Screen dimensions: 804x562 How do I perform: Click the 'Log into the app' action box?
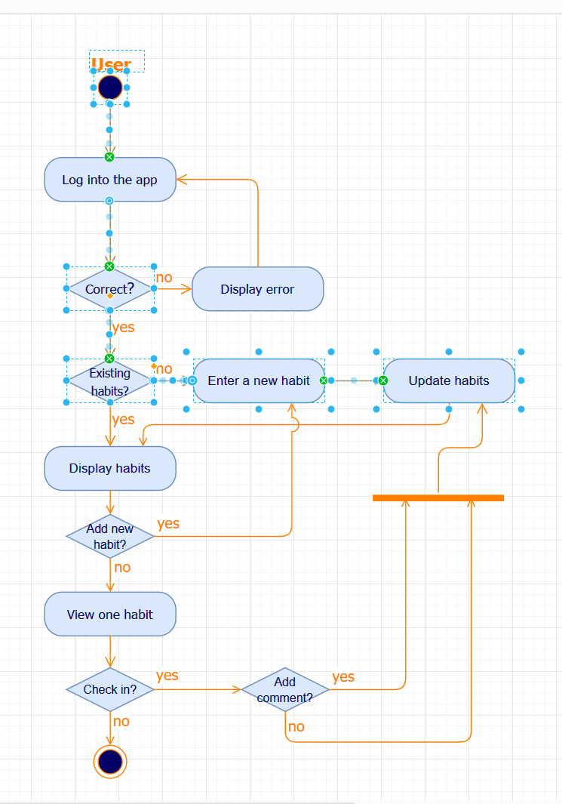(110, 180)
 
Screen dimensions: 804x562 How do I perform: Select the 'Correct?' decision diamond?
(110, 289)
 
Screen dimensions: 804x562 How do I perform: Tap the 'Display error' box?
(257, 289)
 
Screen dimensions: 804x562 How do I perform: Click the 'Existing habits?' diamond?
(110, 381)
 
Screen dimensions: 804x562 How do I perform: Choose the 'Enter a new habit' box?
(259, 381)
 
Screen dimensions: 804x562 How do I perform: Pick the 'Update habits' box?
(449, 381)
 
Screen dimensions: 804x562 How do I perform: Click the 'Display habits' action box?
(110, 468)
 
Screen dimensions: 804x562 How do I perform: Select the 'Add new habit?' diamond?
(110, 537)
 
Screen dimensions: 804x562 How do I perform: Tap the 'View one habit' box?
(110, 615)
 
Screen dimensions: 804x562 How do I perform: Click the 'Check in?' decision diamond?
(110, 689)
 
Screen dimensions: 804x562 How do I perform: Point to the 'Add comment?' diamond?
(285, 689)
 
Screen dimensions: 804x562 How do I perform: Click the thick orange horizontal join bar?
(438, 497)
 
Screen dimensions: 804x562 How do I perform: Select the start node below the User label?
(110, 87)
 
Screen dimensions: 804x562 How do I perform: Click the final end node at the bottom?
(110, 761)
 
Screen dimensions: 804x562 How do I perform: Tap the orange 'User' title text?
(111, 65)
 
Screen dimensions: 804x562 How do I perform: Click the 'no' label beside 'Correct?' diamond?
(164, 278)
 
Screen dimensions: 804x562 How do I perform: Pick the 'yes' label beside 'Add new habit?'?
(168, 523)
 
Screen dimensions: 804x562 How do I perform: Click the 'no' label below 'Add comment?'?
(296, 726)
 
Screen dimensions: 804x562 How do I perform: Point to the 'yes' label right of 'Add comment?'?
(343, 676)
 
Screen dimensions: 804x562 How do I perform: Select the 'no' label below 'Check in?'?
(121, 721)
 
